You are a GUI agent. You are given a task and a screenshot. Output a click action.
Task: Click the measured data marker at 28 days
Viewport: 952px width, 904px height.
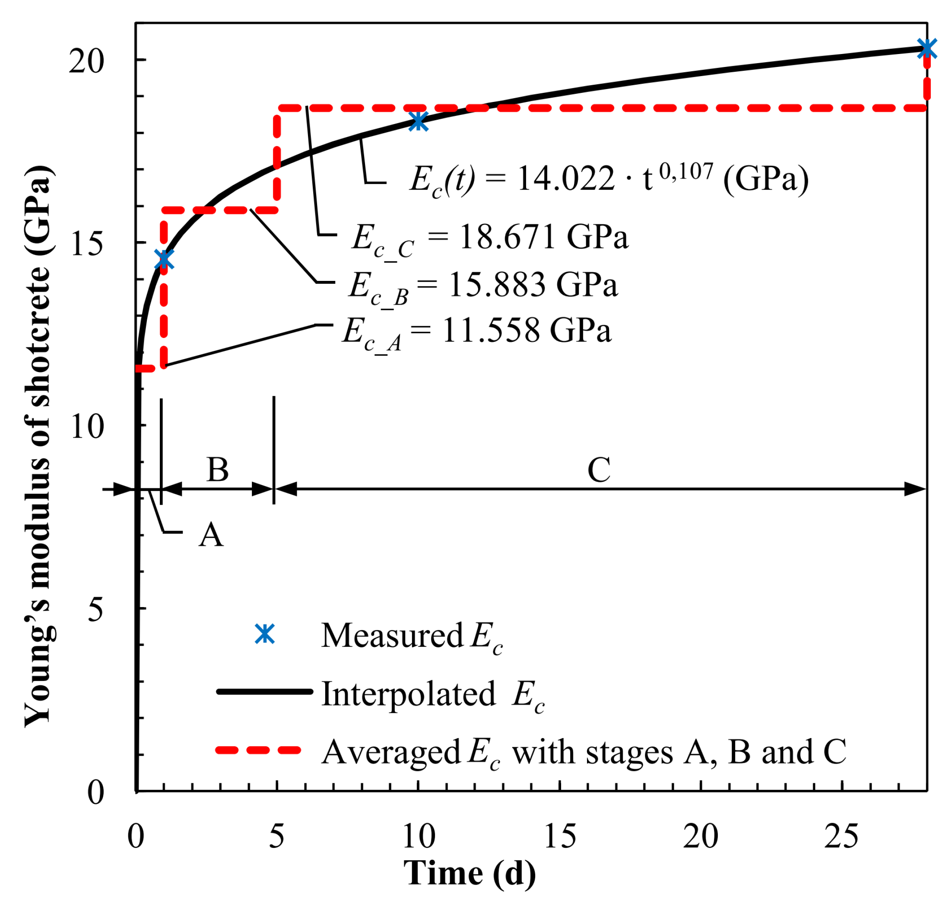(927, 48)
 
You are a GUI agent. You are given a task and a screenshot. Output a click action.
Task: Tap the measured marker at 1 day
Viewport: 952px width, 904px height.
(164, 259)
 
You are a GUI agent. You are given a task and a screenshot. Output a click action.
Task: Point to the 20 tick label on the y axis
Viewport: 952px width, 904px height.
(86, 61)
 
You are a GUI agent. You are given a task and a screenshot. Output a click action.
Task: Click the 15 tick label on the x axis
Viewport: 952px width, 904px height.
(559, 837)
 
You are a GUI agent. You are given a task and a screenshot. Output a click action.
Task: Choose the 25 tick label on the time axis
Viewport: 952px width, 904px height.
(841, 837)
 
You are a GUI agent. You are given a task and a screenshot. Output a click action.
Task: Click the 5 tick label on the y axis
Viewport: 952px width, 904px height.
(95, 610)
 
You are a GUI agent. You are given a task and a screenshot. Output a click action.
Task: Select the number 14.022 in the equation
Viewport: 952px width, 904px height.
(565, 179)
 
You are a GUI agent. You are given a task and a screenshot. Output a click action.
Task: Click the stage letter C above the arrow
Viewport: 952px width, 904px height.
(599, 470)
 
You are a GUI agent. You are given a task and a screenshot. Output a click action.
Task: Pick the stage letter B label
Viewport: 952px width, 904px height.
(217, 470)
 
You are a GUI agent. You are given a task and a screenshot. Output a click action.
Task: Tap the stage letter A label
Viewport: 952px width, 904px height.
(210, 535)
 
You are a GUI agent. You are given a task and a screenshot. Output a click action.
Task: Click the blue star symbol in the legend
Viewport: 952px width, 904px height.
(264, 634)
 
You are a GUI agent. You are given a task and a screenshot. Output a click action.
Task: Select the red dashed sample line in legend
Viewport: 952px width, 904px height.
(259, 750)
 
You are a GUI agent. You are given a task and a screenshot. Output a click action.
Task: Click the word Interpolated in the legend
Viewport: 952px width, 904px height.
(408, 694)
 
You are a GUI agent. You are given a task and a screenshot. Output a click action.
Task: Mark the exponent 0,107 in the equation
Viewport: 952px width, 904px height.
(685, 171)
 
